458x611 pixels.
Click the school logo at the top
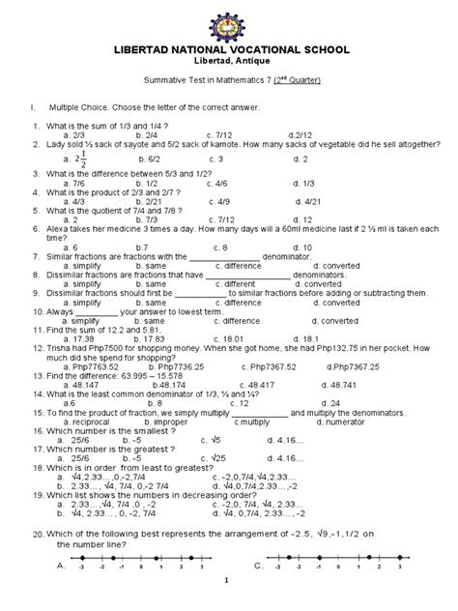click(x=230, y=21)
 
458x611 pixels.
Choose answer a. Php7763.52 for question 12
click(x=90, y=367)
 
